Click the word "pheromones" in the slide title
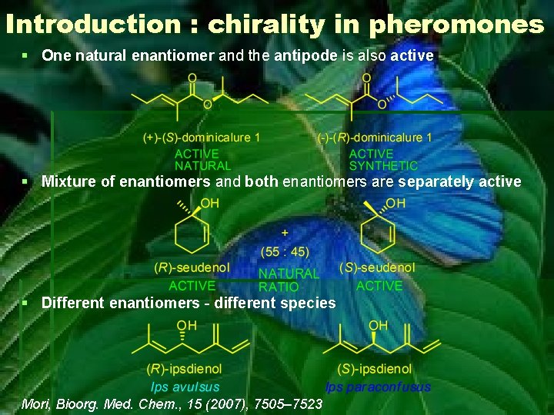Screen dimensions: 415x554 456,25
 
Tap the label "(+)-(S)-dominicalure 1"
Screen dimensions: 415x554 202,138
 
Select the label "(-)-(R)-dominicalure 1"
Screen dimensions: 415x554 375,138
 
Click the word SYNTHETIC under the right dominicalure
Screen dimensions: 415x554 383,165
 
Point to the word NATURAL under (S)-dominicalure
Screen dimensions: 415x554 202,165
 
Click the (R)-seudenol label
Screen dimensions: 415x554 192,267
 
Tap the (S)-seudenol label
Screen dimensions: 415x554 377,267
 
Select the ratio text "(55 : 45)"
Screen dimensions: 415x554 285,251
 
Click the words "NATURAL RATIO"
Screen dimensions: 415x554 288,280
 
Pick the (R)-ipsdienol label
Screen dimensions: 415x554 184,370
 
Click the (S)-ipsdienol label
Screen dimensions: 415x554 375,370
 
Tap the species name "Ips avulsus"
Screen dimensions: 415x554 185,387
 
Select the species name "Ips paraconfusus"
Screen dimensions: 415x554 378,387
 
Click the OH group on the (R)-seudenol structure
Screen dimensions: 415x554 209,203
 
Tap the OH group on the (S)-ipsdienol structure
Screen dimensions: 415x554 378,325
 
